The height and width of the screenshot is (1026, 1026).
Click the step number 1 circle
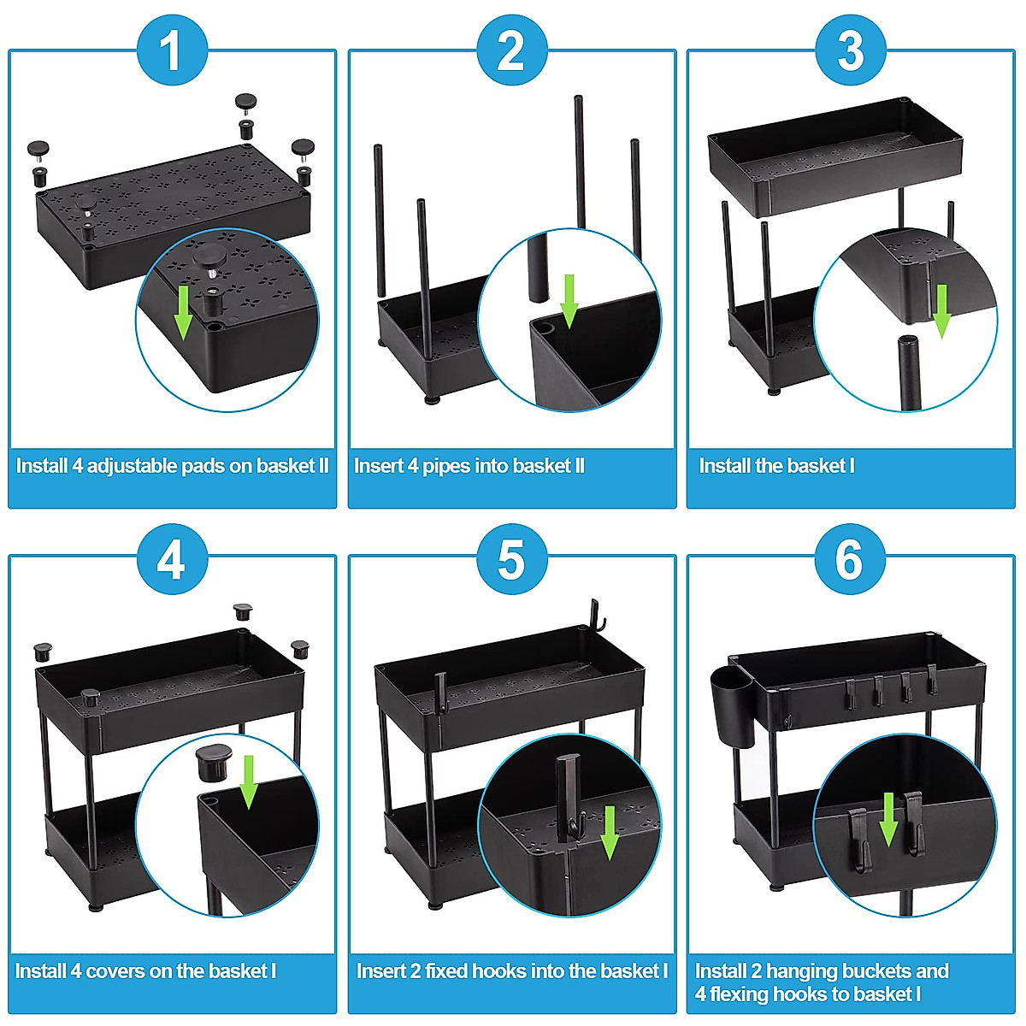point(172,50)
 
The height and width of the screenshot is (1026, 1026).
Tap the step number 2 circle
point(511,50)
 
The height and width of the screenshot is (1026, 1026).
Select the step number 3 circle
point(850,50)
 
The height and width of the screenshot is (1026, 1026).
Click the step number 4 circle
point(172,560)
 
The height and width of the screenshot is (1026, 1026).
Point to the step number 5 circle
point(511,560)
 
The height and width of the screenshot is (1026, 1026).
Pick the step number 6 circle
point(849,560)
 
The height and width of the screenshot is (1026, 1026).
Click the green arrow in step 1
point(183,313)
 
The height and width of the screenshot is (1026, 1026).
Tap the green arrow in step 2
point(569,301)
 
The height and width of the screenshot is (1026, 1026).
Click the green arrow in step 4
point(249,781)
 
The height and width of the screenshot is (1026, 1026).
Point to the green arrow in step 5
point(610,832)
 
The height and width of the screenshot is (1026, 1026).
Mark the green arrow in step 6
point(888,819)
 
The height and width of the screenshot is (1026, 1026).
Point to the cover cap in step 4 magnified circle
point(214,763)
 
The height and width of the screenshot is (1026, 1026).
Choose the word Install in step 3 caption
point(724,466)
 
